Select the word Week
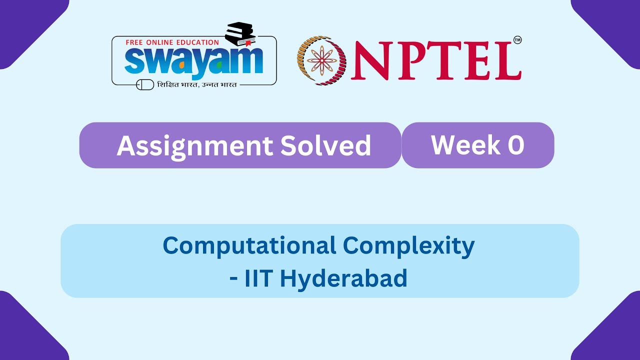coord(458,145)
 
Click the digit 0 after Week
coord(515,145)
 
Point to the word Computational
coord(249,245)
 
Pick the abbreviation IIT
coord(257,278)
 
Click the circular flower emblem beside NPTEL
coord(321,60)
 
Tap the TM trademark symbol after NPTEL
coord(517,40)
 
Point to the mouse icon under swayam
coord(145,85)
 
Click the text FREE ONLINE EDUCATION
coord(172,42)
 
